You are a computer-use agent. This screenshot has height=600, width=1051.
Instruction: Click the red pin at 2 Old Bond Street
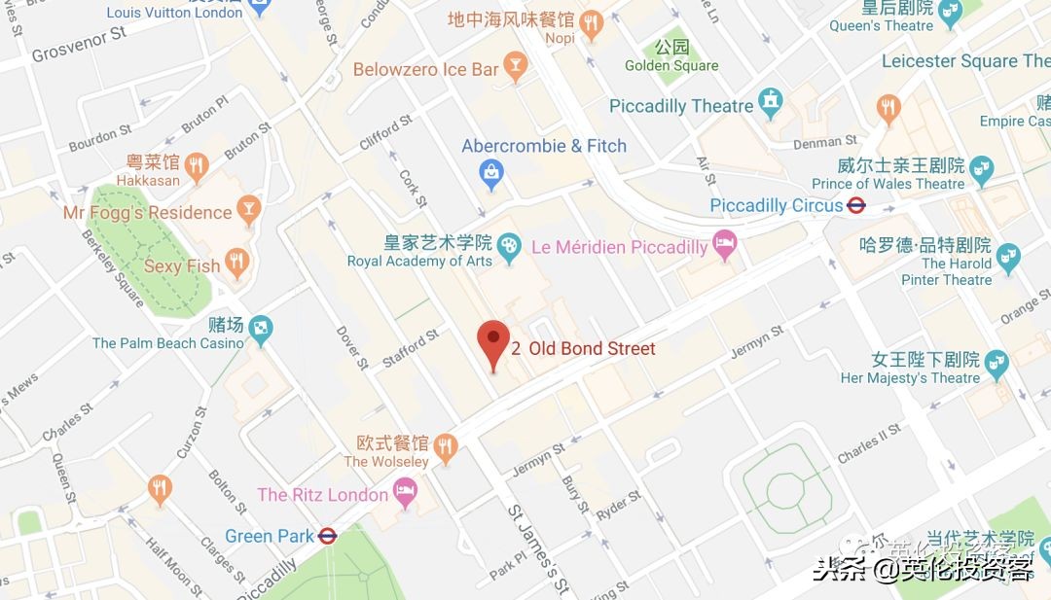pos(493,340)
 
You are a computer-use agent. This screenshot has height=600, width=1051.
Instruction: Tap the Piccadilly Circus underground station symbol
pos(856,205)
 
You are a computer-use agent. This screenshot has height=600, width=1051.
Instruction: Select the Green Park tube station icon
pos(328,536)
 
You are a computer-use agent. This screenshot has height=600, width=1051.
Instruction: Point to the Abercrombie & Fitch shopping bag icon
pos(493,174)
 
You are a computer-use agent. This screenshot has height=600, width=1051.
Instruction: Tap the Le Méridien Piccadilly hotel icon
pos(724,246)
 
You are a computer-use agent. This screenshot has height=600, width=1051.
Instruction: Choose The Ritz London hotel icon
pos(405,493)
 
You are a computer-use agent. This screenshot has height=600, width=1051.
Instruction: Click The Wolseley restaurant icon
pos(446,447)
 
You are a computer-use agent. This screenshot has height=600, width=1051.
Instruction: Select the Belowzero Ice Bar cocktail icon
pos(516,68)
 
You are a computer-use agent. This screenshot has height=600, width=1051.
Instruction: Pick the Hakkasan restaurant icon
pos(197,166)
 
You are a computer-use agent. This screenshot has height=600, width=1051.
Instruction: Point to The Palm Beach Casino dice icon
pos(260,332)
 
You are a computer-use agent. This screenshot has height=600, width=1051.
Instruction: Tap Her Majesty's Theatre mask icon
pos(996,366)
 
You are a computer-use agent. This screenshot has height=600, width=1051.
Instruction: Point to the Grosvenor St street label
pos(79,44)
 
